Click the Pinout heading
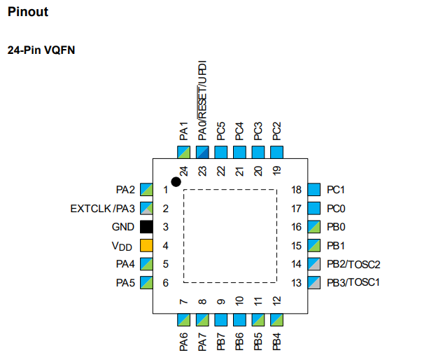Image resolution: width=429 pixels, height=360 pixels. click(28, 13)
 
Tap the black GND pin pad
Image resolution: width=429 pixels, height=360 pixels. click(146, 227)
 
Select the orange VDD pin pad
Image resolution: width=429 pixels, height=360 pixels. click(146, 246)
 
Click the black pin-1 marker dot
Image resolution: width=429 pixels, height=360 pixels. click(176, 181)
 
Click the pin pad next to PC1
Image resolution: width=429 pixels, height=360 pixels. click(314, 190)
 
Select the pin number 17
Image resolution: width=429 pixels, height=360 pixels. click(297, 209)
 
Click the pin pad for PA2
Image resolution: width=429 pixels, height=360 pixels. click(146, 190)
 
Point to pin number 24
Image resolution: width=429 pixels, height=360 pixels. click(183, 171)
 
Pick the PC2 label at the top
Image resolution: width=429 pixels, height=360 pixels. click(276, 130)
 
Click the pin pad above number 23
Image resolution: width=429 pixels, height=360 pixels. click(202, 152)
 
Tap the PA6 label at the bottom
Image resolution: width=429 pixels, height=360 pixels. click(183, 342)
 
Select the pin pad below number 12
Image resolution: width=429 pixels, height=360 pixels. click(276, 320)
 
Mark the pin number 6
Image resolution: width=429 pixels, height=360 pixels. click(166, 283)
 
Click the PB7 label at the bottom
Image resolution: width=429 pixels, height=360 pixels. click(220, 342)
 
